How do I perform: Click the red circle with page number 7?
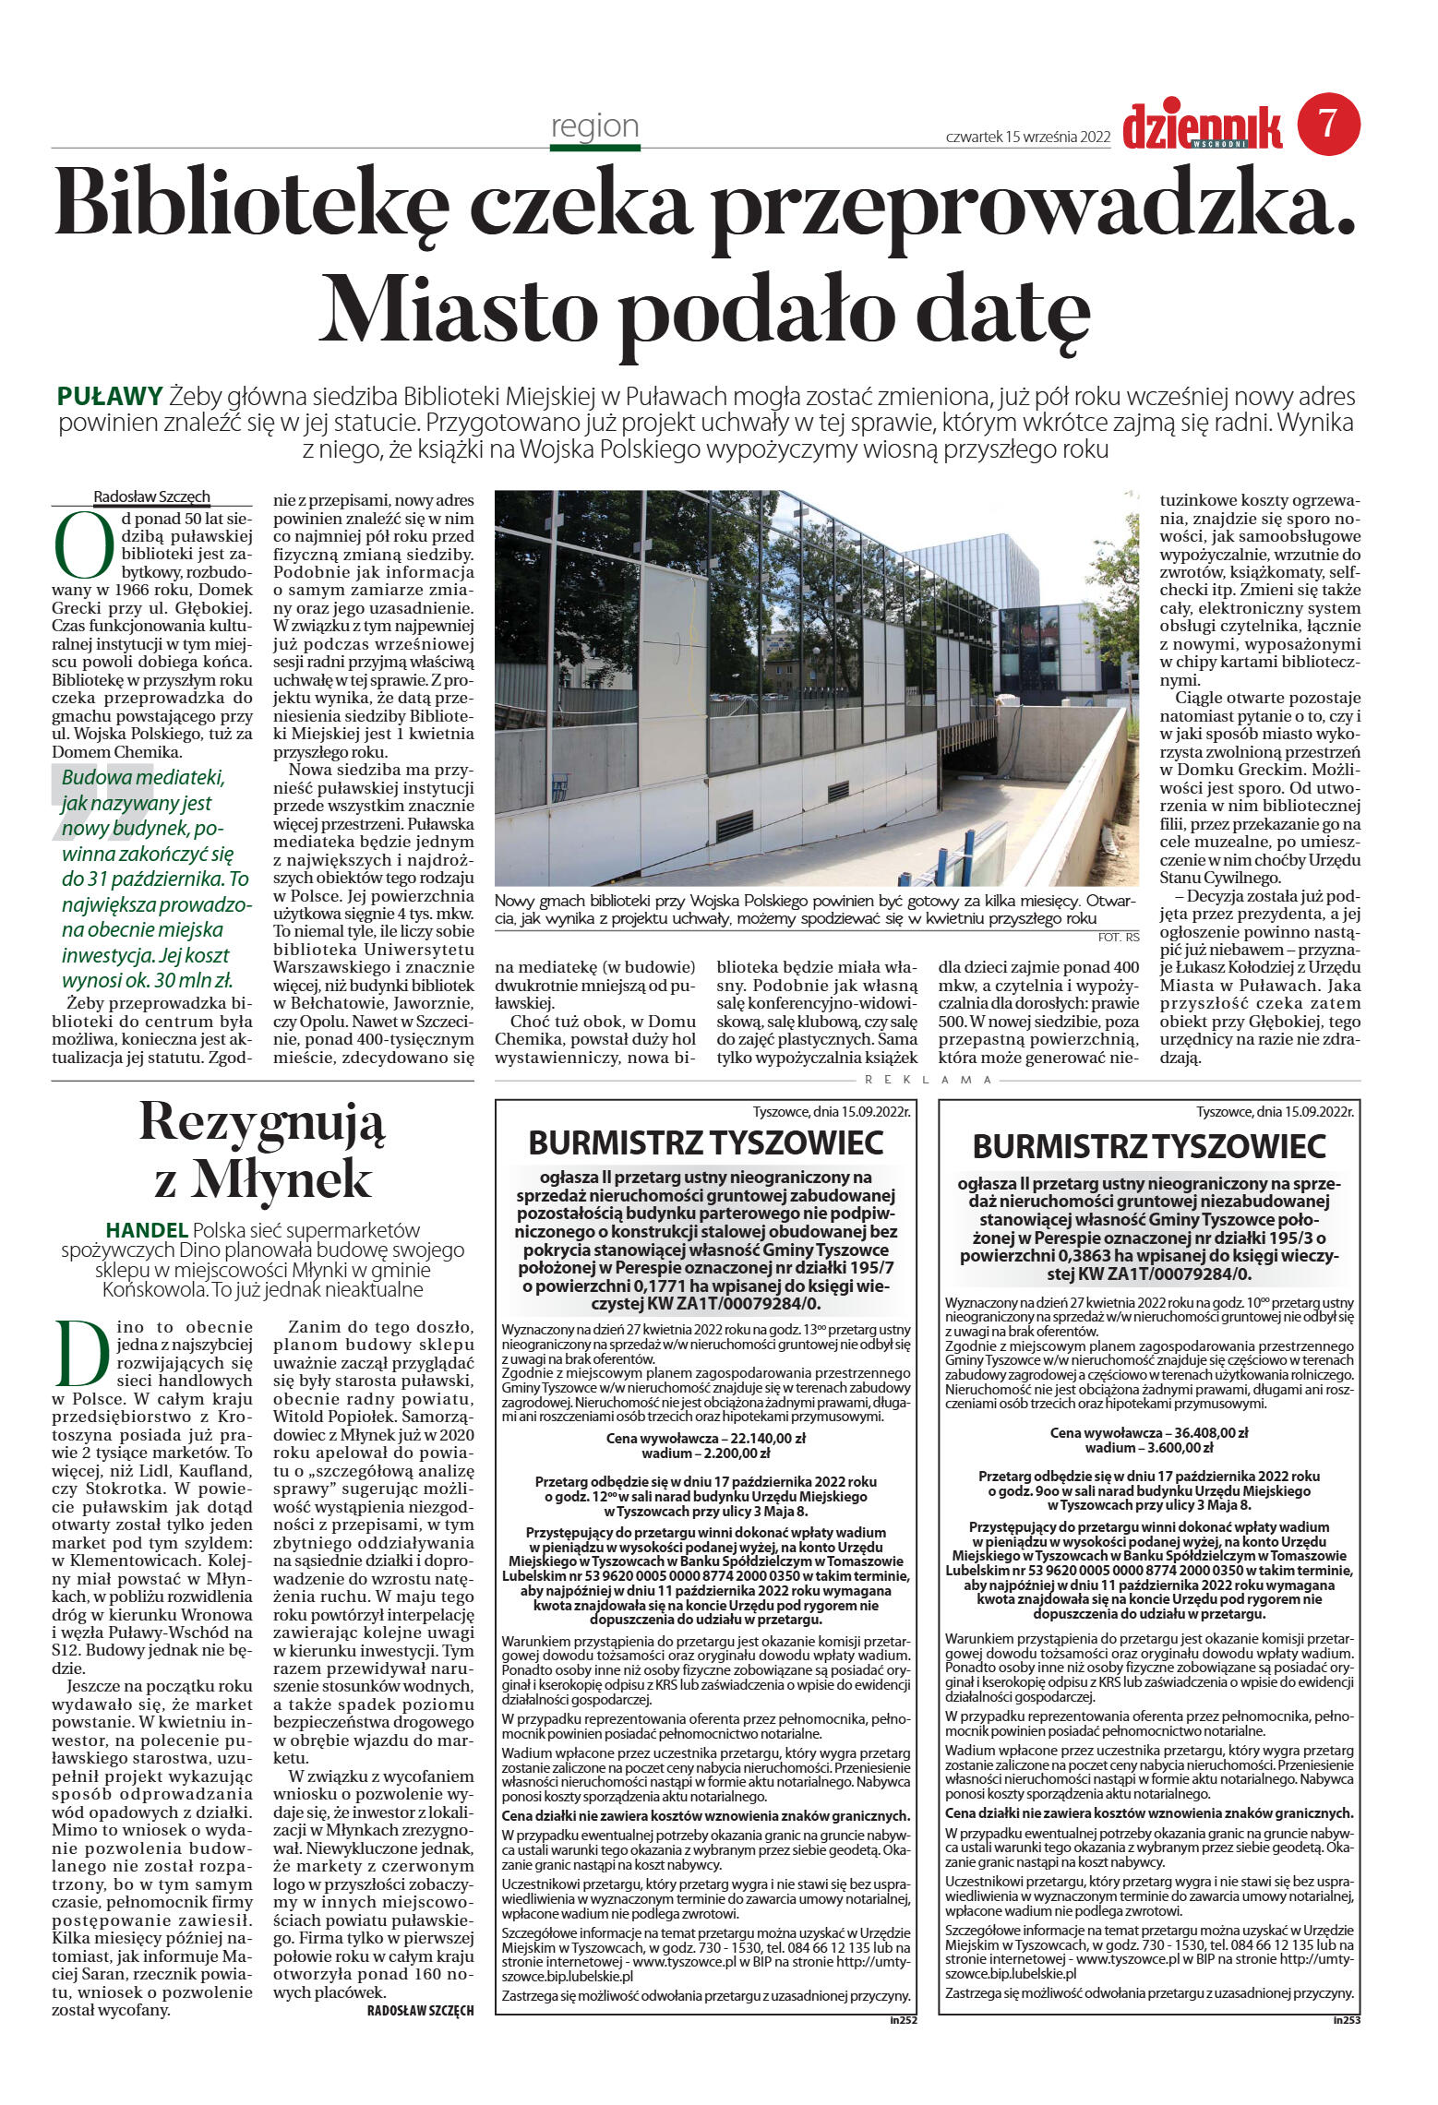1328,124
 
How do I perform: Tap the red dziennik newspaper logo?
1202,126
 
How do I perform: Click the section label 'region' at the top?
594,126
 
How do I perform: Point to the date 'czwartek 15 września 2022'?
1027,137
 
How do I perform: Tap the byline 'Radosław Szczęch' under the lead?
152,496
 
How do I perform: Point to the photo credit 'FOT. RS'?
1118,938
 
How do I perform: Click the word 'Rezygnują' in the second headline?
262,1122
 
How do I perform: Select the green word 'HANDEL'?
147,1230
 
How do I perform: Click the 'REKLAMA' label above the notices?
928,1079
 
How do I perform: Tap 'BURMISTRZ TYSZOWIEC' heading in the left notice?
705,1143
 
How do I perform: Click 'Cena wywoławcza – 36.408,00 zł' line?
1148,1433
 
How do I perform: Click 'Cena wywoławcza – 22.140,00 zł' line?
705,1438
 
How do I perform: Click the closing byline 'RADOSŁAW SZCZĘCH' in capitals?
420,2011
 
